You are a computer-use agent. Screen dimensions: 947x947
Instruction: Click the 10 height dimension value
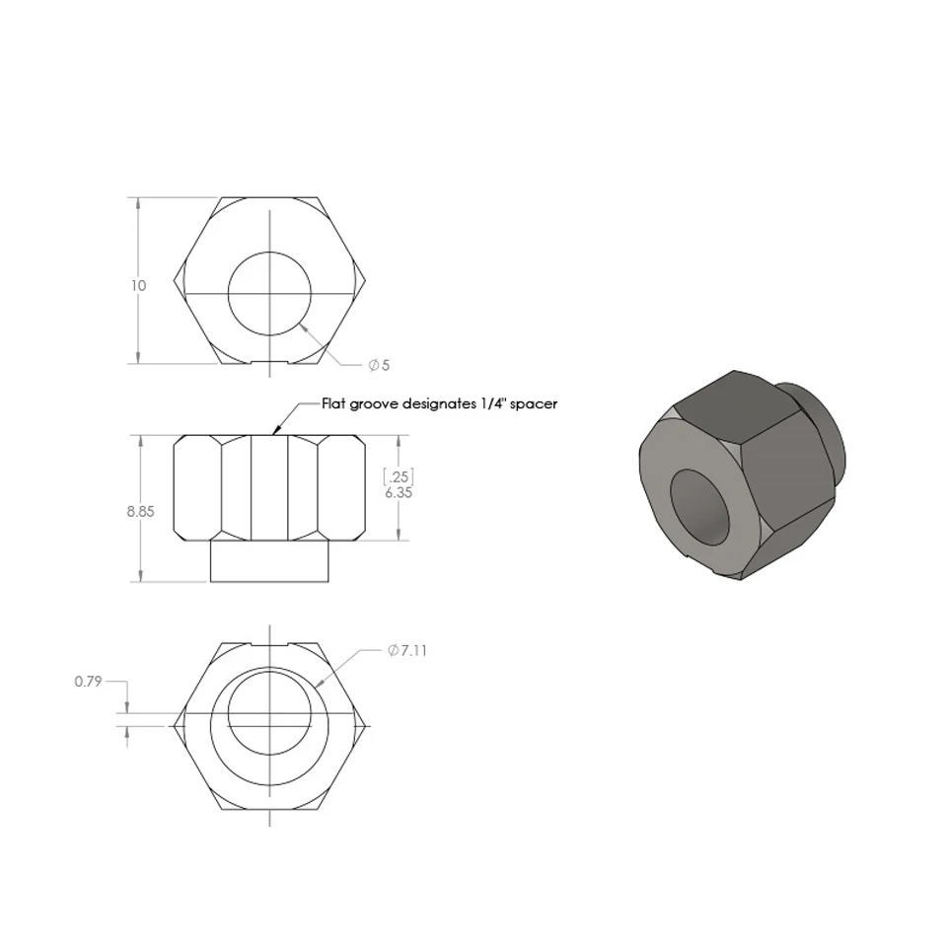click(138, 286)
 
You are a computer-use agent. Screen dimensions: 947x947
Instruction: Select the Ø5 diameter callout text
click(379, 365)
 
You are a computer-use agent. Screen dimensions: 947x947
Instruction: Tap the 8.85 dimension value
click(141, 512)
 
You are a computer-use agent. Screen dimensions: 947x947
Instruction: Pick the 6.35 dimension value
click(399, 493)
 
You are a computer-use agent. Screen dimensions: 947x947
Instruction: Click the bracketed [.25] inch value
click(399, 476)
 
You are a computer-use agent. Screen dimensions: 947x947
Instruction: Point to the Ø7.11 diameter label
click(407, 650)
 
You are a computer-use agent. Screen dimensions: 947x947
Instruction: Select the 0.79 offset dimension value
click(88, 682)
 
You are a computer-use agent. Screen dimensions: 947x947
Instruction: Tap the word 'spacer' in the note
click(534, 404)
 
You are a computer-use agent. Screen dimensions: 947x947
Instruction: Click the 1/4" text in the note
click(493, 403)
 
